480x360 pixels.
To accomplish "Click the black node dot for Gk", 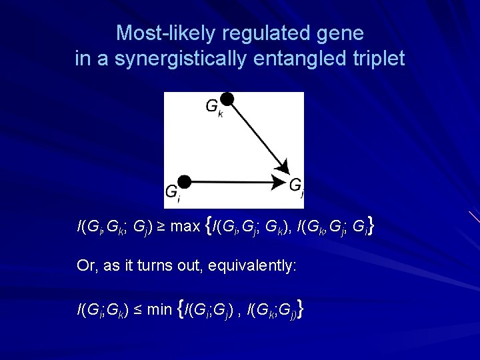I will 227,99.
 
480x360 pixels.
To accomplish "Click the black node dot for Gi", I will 185,181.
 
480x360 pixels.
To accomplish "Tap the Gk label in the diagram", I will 213,107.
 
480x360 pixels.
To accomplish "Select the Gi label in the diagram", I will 172,192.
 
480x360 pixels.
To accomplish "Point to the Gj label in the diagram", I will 297,187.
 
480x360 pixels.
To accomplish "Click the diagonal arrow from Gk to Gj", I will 256,137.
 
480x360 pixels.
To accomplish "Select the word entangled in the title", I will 301,59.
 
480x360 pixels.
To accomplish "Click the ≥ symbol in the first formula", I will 163,227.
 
